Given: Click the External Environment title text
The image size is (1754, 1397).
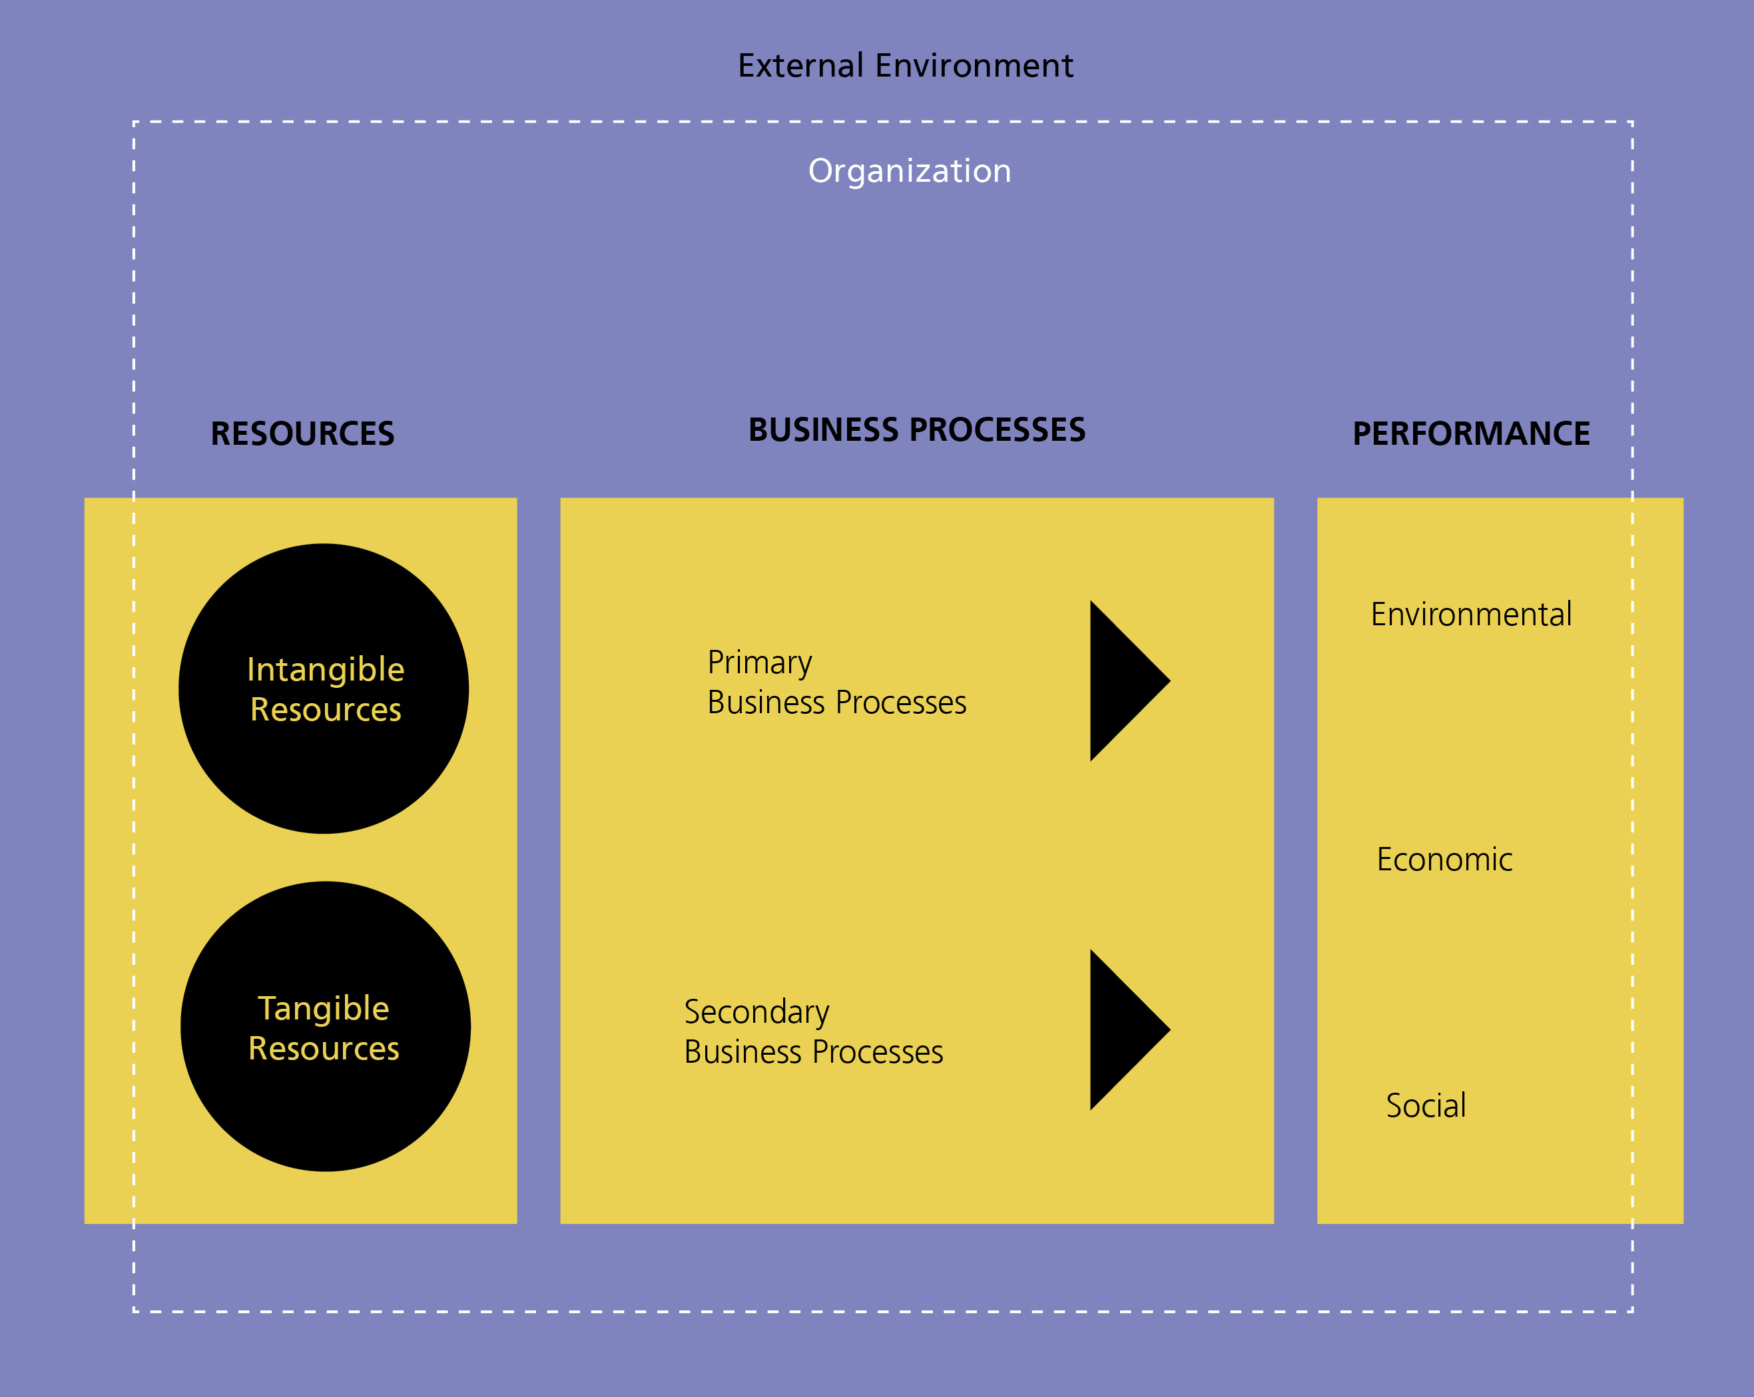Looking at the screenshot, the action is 906,65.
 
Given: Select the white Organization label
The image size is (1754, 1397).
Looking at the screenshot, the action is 910,172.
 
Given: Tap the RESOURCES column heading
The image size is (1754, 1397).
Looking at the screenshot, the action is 302,433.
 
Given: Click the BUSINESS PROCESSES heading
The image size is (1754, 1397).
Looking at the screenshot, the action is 917,429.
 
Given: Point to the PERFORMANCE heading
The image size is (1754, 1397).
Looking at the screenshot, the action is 1471,433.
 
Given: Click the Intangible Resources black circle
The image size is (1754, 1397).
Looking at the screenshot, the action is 324,689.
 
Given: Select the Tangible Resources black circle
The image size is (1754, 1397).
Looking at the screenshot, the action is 326,1027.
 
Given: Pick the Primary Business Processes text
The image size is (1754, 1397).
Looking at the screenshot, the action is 837,682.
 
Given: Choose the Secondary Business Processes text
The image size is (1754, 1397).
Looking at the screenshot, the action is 814,1031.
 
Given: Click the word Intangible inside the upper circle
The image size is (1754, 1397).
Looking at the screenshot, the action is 326,670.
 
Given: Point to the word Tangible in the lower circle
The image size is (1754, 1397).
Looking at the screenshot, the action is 324,1009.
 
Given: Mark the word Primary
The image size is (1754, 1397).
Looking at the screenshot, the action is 760,663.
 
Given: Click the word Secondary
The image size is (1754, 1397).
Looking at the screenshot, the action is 756,1013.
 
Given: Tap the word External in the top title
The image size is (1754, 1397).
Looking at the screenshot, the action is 800,65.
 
